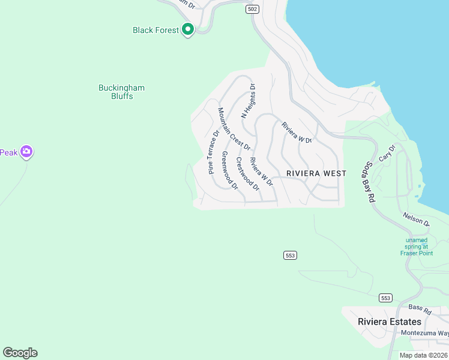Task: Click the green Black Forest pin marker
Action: (x=188, y=29)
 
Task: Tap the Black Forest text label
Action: (x=155, y=30)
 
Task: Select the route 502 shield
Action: (x=253, y=9)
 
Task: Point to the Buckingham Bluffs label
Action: (x=121, y=92)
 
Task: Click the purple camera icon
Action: (x=26, y=152)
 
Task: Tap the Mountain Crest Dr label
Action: (x=234, y=129)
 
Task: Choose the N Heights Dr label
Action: (x=249, y=101)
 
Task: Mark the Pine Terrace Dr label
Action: (x=213, y=152)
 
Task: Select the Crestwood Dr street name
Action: (x=247, y=174)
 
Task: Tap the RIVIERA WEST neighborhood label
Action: (x=316, y=173)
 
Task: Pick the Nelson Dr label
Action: (x=417, y=220)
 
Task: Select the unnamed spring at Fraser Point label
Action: (x=417, y=246)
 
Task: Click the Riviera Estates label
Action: (x=390, y=322)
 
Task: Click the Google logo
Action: (x=20, y=353)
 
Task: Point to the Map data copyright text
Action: (x=424, y=355)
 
